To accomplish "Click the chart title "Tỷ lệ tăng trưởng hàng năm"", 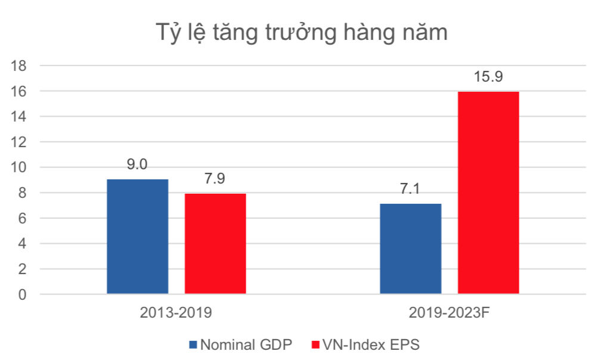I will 301,32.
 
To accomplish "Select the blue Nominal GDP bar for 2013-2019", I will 137,237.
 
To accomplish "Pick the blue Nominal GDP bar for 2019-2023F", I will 411,249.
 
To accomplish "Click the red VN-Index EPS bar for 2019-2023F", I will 488,193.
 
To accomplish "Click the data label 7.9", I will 215,179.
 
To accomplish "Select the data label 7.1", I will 411,190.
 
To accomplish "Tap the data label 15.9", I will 488,77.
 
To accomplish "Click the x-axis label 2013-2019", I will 177,313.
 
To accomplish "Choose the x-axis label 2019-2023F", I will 450,313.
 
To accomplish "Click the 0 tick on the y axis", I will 22,294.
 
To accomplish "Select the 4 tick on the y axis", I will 22,244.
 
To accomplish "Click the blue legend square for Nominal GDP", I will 193,345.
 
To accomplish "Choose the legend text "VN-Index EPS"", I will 371,345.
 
